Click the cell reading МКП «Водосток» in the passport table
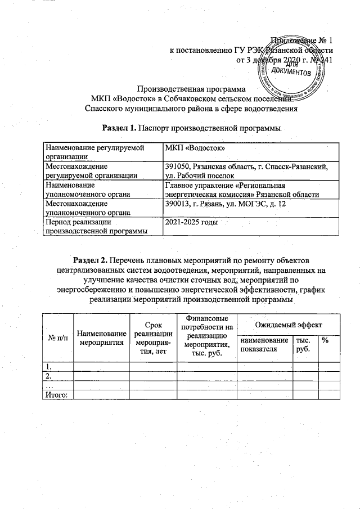(193, 147)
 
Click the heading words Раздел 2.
(90, 260)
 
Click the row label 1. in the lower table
(49, 367)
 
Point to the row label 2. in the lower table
(49, 376)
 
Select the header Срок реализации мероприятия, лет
(153, 339)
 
